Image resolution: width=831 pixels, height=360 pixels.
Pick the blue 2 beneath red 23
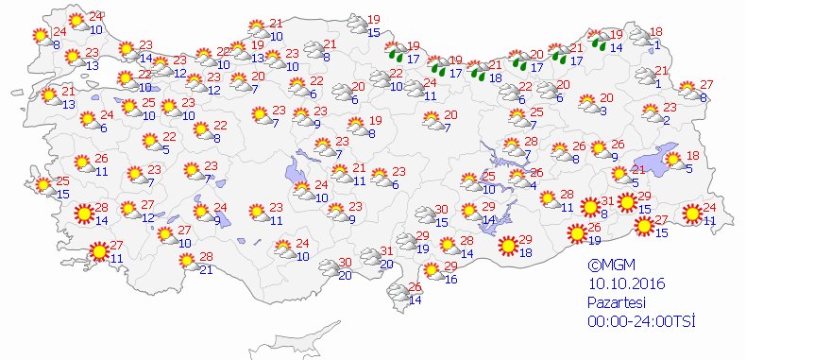[666, 119]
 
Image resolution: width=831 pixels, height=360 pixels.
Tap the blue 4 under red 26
[533, 185]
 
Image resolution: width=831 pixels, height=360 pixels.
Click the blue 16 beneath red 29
[450, 280]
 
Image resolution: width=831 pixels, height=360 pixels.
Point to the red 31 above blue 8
[609, 200]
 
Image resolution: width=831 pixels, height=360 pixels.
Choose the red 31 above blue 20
[386, 251]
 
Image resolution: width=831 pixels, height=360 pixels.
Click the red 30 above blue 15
[440, 210]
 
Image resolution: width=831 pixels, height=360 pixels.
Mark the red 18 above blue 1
[657, 32]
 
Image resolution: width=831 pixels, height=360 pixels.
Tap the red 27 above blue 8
[705, 85]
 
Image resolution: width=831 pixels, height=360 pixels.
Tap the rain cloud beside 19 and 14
[599, 40]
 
